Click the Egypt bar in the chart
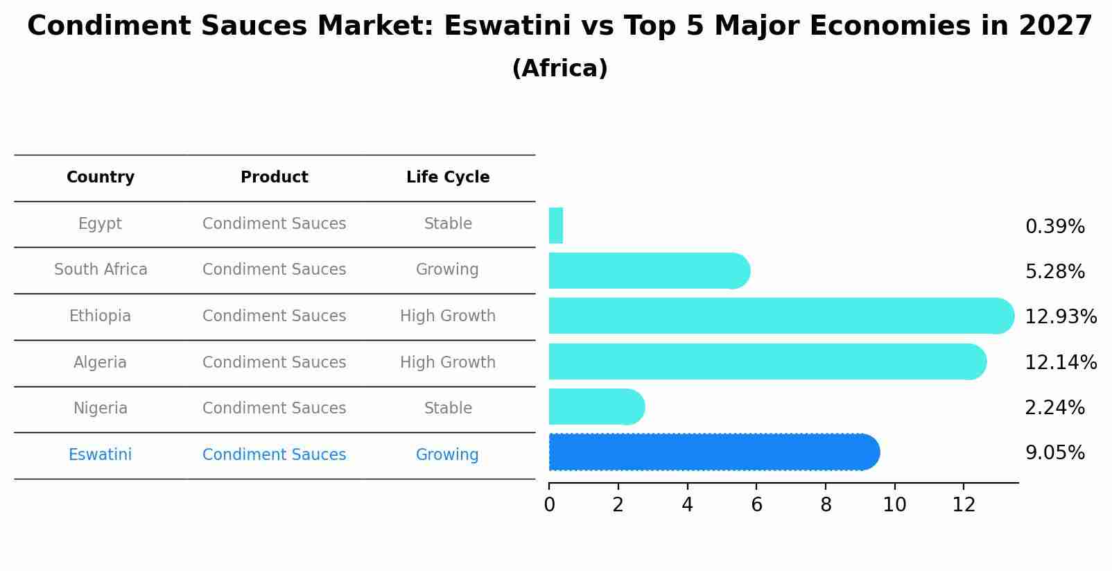click(555, 225)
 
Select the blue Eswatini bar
click(714, 452)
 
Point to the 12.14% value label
click(1061, 362)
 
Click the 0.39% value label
click(1054, 226)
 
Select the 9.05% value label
click(1054, 453)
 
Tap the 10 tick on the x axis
click(894, 505)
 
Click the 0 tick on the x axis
click(549, 505)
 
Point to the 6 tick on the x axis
click(756, 505)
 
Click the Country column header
click(101, 178)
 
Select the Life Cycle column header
click(448, 178)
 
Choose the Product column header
click(275, 178)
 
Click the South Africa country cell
click(101, 270)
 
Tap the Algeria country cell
click(101, 362)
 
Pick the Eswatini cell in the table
click(101, 455)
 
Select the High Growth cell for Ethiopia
click(448, 316)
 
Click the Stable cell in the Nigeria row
click(448, 409)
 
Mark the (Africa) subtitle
click(559, 69)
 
